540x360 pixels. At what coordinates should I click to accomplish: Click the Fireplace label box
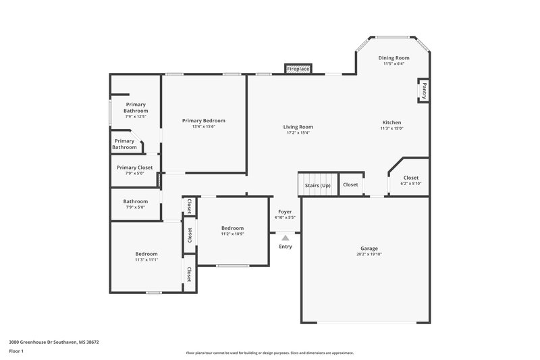(x=298, y=69)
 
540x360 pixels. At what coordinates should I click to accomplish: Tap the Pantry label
(x=424, y=89)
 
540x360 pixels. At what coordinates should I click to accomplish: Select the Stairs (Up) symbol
(x=317, y=184)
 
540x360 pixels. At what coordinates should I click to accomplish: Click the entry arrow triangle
(x=286, y=238)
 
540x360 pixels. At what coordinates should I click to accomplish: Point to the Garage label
(x=369, y=248)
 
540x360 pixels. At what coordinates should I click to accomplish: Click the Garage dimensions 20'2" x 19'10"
(x=369, y=255)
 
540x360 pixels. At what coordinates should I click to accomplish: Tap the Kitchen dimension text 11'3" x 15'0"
(x=391, y=128)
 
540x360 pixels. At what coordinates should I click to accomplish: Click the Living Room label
(x=298, y=126)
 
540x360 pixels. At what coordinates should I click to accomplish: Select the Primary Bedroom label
(x=204, y=120)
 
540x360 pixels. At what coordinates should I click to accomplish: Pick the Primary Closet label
(x=135, y=168)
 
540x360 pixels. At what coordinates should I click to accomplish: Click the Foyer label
(x=285, y=211)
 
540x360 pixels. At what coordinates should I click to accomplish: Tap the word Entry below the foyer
(x=286, y=247)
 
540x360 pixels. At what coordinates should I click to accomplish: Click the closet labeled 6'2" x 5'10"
(x=410, y=180)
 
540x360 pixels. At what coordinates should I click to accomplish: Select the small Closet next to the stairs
(x=350, y=184)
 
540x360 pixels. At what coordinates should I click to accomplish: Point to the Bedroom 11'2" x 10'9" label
(x=232, y=228)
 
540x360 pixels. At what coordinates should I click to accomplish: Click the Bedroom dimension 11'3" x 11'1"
(x=146, y=260)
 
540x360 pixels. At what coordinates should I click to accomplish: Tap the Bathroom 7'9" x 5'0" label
(x=135, y=201)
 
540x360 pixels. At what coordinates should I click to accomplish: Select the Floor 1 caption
(x=16, y=352)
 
